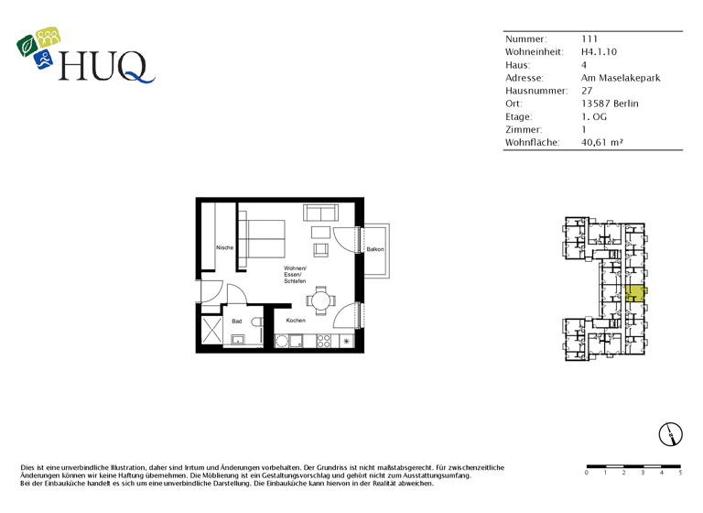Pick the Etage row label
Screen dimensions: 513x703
(x=518, y=117)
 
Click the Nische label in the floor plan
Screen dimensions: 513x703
(x=224, y=248)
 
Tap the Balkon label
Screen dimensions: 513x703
(x=375, y=250)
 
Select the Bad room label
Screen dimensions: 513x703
(x=236, y=322)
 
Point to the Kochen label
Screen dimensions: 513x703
(x=296, y=321)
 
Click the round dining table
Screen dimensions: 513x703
(x=320, y=300)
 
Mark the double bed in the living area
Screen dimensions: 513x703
(x=265, y=240)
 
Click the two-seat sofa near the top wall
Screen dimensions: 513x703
(x=320, y=213)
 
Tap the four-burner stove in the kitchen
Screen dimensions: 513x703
(x=323, y=341)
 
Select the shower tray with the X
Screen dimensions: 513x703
(x=211, y=330)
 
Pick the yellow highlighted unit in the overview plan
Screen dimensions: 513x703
(x=634, y=292)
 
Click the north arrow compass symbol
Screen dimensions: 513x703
(x=671, y=434)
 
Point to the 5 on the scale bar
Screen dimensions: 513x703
(x=680, y=473)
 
